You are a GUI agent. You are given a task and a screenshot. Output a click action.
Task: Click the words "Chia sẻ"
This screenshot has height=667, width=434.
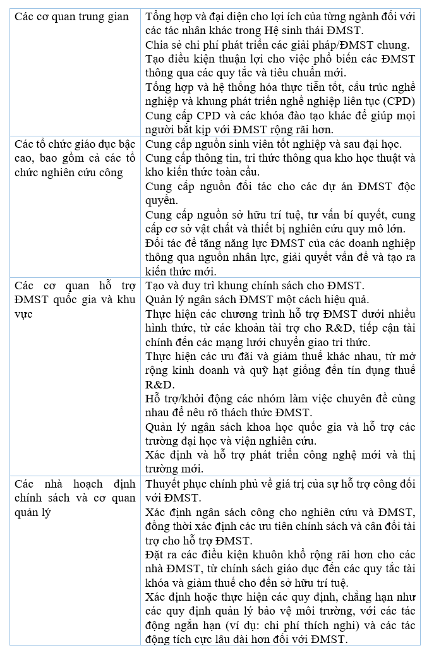[162, 45]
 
